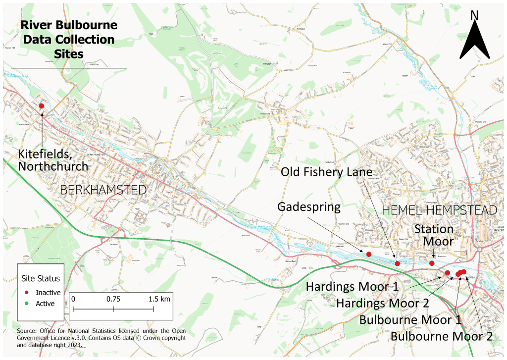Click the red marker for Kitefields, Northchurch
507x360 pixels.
pos(42,106)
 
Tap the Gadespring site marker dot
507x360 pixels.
pos(369,254)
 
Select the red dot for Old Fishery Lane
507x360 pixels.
pos(397,263)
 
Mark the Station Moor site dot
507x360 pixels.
pos(432,263)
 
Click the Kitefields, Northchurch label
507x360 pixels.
pos(53,160)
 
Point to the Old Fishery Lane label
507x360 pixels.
pos(326,172)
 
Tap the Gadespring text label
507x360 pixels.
pos(309,206)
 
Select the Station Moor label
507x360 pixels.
pos(434,235)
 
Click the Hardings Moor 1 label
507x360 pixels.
pos(359,287)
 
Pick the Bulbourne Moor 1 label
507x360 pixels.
pos(411,319)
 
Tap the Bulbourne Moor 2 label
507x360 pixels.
pos(442,337)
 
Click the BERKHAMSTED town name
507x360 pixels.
pos(103,190)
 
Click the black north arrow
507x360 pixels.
pos(474,37)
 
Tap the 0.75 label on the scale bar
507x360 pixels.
pos(113,299)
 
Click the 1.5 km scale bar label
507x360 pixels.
pos(158,299)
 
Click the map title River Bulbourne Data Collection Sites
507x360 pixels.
pos(69,39)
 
